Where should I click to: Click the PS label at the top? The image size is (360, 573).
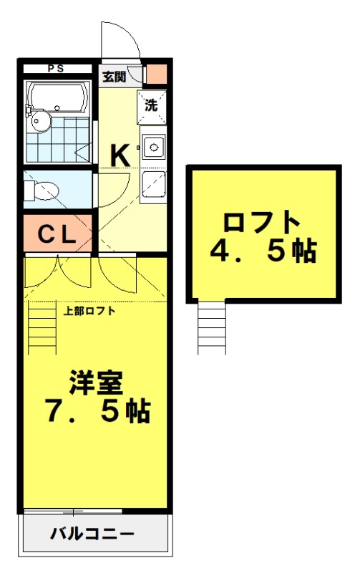tap(55, 69)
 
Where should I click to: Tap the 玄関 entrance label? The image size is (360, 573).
tap(112, 76)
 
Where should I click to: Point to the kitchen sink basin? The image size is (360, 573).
tap(152, 148)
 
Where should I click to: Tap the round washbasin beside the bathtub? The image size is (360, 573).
tap(39, 121)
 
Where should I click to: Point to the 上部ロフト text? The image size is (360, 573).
tap(89, 311)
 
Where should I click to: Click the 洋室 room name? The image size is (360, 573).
tap(96, 383)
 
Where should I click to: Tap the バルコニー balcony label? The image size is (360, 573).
tap(92, 534)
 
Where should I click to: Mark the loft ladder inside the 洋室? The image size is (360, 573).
tap(42, 327)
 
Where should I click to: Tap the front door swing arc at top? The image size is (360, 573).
tap(118, 39)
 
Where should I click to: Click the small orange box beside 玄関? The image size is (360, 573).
tap(156, 74)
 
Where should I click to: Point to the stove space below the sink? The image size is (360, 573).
tap(152, 184)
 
